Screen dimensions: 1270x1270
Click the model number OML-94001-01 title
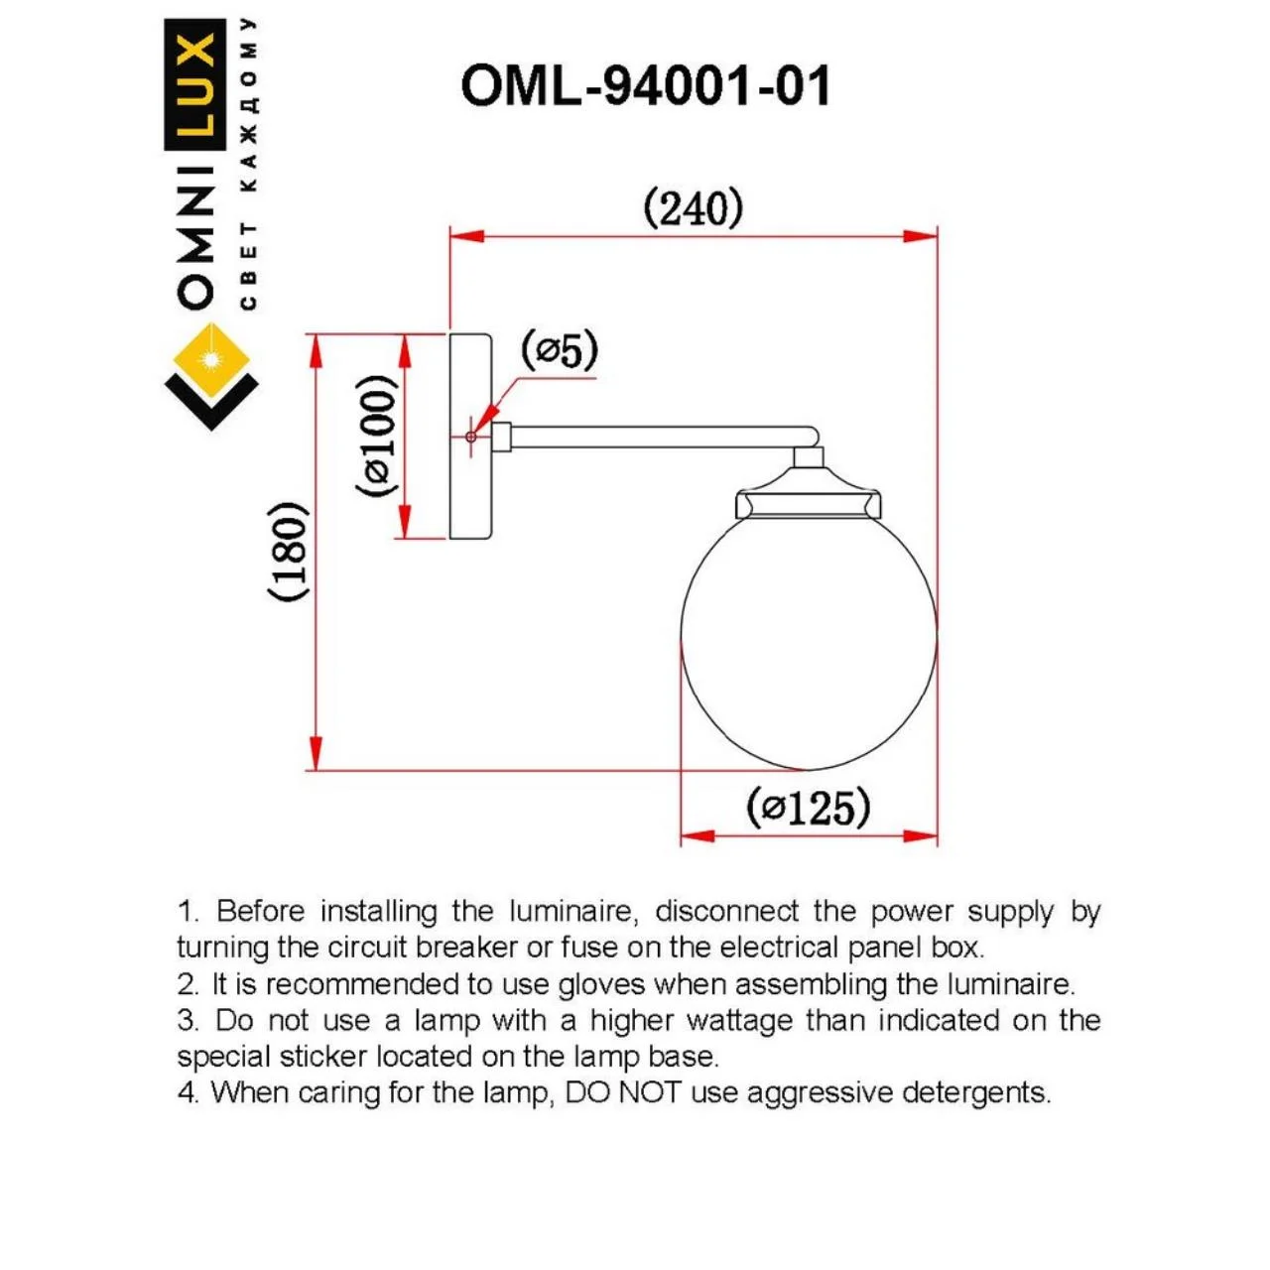645,86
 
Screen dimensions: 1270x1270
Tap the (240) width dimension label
693,209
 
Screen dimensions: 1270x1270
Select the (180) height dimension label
288,551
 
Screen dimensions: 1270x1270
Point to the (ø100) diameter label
377,436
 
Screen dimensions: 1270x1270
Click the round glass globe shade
808,639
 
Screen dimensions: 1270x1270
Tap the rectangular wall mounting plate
470,437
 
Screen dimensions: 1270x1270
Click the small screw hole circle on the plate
470,437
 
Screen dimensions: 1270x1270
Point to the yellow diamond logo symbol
211,358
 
